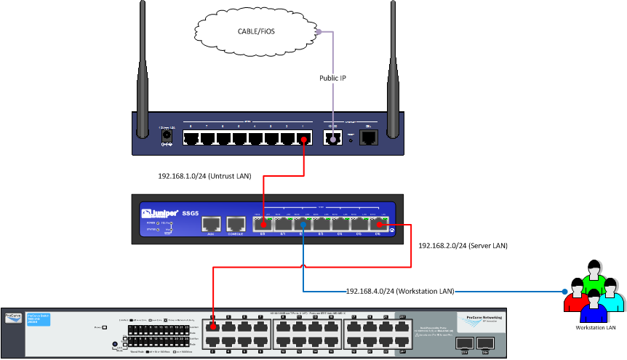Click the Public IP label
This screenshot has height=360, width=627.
[x=333, y=77]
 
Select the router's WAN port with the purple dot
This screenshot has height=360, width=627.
[x=333, y=137]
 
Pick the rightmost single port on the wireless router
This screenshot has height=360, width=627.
[x=370, y=137]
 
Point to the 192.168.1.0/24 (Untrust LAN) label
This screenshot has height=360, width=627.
[x=204, y=176]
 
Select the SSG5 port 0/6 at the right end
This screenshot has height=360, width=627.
[x=378, y=225]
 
